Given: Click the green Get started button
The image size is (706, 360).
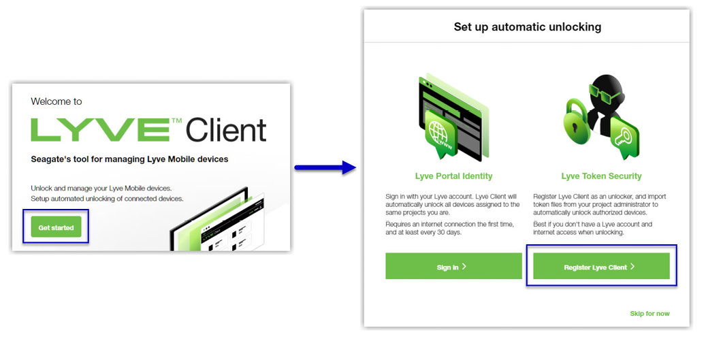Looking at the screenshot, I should [x=56, y=227].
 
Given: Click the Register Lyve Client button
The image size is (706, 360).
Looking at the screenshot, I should [x=600, y=267].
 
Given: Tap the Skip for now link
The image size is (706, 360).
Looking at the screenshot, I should [x=649, y=313].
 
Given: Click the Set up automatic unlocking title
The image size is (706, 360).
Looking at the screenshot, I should [x=527, y=27].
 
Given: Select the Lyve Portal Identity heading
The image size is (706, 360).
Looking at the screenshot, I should [x=453, y=176].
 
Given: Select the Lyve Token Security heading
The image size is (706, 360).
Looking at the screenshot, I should [x=601, y=176].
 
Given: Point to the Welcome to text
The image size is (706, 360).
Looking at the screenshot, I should [x=57, y=101].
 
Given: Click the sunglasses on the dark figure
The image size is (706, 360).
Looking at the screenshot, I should [x=601, y=91].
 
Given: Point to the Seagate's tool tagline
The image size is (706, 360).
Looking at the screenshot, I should [x=129, y=159].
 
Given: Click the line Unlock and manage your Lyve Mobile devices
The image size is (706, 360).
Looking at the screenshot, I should [x=101, y=188].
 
